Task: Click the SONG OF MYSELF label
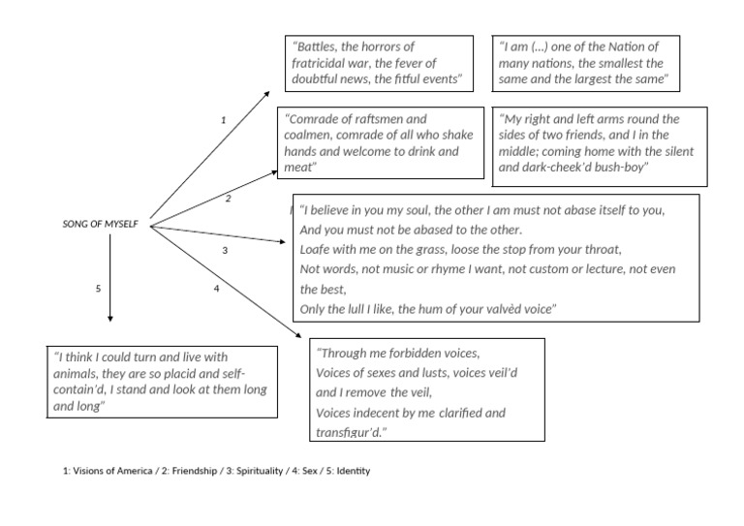click(x=100, y=225)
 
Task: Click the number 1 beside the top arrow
click(x=223, y=120)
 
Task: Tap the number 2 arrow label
click(x=229, y=199)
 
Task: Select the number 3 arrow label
click(x=225, y=250)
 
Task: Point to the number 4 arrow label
click(x=217, y=289)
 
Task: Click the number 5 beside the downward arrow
click(x=99, y=289)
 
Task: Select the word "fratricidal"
click(x=326, y=62)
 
